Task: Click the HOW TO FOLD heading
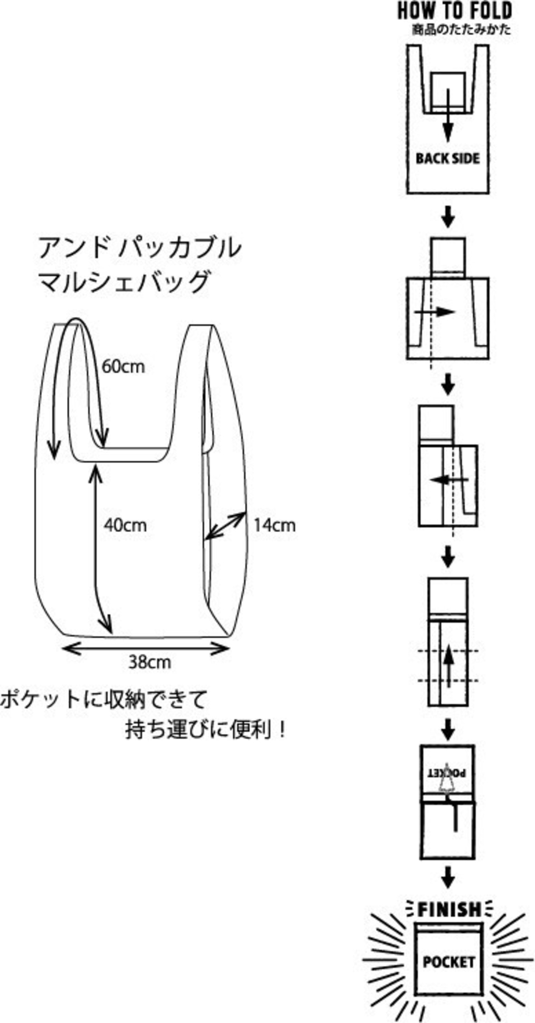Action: pyautogui.click(x=455, y=11)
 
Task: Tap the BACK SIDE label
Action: pyautogui.click(x=448, y=159)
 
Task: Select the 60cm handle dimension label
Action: pyautogui.click(x=124, y=367)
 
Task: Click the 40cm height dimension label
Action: pyautogui.click(x=125, y=525)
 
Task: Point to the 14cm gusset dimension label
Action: pyautogui.click(x=275, y=525)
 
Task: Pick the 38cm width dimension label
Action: pyautogui.click(x=150, y=662)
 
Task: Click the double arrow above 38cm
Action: pyautogui.click(x=145, y=649)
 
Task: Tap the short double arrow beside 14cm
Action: pyautogui.click(x=225, y=525)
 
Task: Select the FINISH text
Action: pyautogui.click(x=449, y=910)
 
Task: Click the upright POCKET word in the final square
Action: pyautogui.click(x=448, y=962)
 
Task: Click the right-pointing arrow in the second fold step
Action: pyautogui.click(x=435, y=312)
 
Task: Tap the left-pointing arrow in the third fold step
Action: pyautogui.click(x=449, y=479)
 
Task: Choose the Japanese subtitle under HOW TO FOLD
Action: pyautogui.click(x=461, y=30)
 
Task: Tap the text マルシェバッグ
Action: pyautogui.click(x=124, y=282)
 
